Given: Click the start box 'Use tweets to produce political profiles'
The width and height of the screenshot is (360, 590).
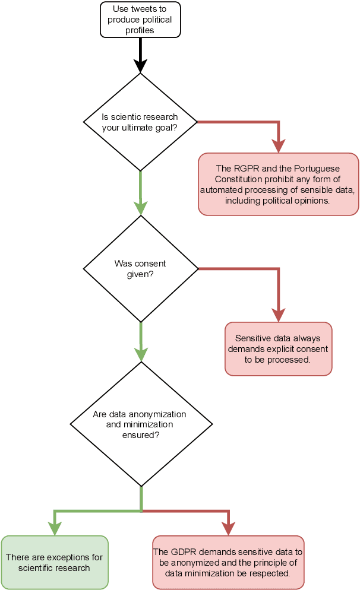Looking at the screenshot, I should pos(140,20).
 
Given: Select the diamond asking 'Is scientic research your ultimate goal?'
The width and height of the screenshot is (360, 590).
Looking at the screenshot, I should pos(140,122).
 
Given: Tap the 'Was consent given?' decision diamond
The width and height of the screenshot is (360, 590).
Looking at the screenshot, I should pos(140,269).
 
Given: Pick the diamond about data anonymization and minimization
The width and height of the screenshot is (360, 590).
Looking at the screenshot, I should pos(141,424).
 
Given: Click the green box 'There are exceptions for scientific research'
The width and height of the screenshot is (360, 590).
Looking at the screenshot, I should pos(54,562).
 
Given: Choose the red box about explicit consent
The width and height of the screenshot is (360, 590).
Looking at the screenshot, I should pos(278,349).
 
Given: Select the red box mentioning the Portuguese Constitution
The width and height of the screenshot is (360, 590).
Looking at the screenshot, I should pos(278,183).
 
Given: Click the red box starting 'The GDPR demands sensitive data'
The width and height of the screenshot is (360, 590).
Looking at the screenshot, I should pos(228,562).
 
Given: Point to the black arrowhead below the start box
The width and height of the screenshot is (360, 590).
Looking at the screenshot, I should pos(140,66).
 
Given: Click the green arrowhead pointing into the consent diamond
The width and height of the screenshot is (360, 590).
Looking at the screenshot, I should pos(140,208).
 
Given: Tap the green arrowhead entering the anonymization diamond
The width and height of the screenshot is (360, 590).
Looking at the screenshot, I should pos(141,354).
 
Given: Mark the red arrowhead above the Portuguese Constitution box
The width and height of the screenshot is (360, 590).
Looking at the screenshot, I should pos(278,146).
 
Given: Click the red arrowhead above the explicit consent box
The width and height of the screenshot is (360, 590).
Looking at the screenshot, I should pos(278,315).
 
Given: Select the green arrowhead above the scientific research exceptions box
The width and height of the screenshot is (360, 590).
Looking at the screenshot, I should pos(54,528).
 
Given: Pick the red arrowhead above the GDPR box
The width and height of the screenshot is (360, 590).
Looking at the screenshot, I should pos(228,528).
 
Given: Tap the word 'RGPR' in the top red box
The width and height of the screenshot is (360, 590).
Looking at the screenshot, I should pos(245,169).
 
